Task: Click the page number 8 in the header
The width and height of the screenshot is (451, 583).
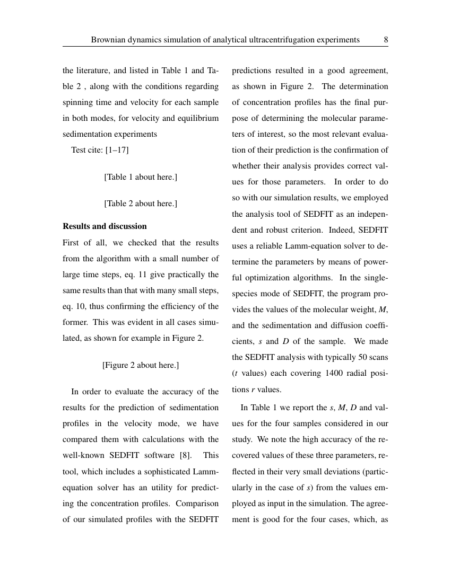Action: coord(386,40)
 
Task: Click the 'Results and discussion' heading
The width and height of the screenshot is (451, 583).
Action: coord(105,226)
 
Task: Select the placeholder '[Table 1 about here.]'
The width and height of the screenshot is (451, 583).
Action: coord(141,177)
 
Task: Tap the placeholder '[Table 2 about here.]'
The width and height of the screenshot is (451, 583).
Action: coord(141,204)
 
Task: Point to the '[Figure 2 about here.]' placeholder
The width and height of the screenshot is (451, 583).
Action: coord(141,365)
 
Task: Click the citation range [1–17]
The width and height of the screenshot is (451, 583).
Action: coord(117,150)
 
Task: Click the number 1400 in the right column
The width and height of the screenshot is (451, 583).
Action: coord(331,373)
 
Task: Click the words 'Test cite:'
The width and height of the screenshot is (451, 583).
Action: coord(87,150)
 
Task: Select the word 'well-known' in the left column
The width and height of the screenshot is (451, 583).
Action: coord(84,455)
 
